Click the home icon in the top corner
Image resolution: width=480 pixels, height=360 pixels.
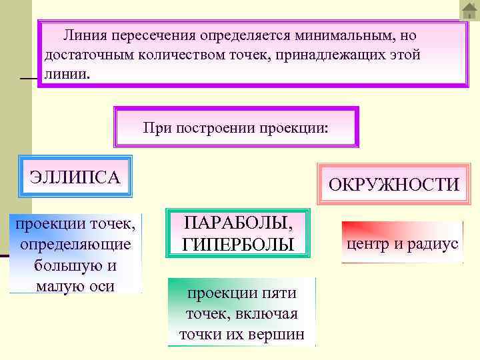(469, 10)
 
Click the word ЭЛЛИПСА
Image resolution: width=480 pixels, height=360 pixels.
(75, 177)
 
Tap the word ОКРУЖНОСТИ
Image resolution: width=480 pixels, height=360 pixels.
(394, 185)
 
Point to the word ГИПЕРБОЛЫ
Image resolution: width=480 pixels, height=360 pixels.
(238, 244)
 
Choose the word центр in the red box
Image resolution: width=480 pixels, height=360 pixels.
(371, 243)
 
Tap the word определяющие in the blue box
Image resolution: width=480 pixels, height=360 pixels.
(75, 244)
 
